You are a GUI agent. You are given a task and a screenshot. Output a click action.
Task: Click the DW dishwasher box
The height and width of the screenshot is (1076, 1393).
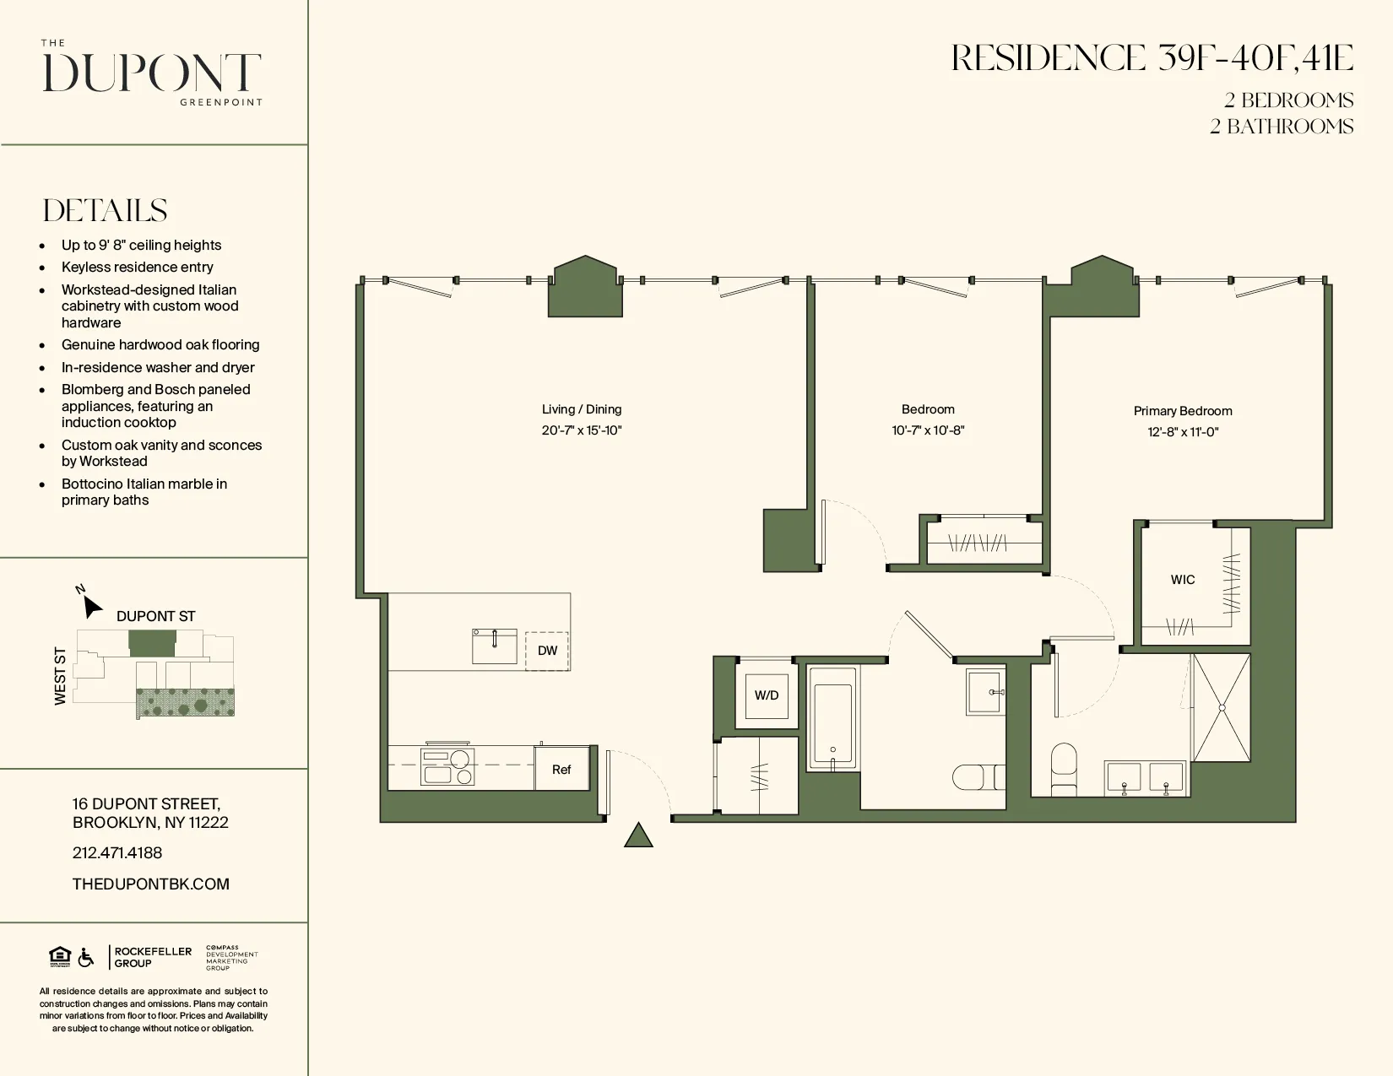tap(547, 651)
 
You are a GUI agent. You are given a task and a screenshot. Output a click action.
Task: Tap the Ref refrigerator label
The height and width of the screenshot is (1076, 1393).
tap(561, 770)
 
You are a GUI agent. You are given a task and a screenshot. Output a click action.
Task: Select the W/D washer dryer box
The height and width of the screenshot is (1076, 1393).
tap(767, 695)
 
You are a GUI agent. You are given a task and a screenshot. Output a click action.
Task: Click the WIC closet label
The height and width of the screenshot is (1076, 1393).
tap(1182, 580)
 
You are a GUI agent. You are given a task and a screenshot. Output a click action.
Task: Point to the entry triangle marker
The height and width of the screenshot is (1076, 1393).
tap(638, 836)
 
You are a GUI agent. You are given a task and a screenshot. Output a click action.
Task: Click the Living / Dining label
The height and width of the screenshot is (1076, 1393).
tap(582, 409)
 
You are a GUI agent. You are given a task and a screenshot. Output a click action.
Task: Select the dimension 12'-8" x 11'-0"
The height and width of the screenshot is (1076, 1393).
tap(1183, 432)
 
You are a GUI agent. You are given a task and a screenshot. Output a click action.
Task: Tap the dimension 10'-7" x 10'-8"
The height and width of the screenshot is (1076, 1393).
tap(928, 430)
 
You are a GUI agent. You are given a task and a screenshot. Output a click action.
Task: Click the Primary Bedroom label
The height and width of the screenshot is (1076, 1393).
tap(1183, 411)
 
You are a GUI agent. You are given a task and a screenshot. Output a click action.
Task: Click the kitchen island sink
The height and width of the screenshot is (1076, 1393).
tap(495, 646)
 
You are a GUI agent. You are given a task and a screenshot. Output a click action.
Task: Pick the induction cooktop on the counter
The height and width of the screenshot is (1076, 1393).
tap(447, 767)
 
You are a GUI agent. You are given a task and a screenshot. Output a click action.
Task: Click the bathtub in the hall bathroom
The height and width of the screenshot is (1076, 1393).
tap(832, 717)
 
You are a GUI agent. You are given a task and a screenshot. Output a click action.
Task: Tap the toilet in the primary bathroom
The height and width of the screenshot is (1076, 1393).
tap(1064, 768)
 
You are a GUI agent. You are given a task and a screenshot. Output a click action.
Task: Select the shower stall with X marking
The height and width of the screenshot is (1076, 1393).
tap(1221, 708)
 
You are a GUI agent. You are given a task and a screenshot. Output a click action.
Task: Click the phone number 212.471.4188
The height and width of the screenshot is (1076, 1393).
tap(117, 853)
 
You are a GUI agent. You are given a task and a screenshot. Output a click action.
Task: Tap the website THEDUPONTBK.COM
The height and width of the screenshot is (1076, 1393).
tap(151, 884)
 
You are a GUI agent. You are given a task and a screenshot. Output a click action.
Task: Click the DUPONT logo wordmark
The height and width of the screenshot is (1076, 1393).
tap(152, 73)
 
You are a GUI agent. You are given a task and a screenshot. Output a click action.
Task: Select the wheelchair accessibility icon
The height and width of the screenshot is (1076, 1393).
tap(86, 958)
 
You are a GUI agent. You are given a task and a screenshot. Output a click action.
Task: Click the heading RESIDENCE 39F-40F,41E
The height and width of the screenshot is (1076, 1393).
tap(1152, 58)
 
